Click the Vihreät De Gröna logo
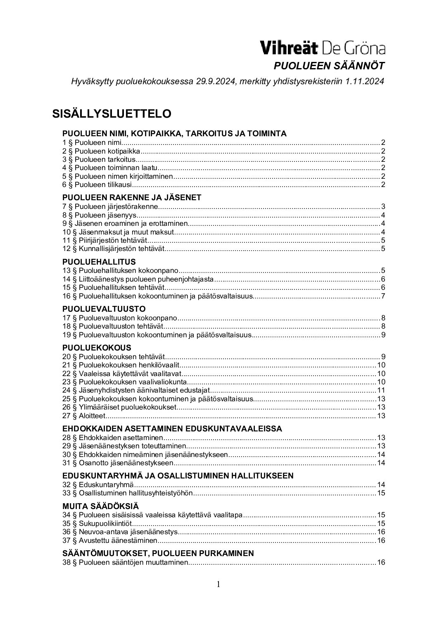point(322,48)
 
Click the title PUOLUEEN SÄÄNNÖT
point(330,66)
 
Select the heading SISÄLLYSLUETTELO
point(112,114)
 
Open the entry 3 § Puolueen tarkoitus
point(99,159)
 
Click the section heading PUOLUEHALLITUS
point(99,262)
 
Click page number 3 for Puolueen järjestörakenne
point(383,207)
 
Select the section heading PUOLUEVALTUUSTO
point(104,309)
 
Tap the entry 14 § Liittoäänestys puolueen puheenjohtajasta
point(138,279)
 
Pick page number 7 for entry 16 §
point(383,296)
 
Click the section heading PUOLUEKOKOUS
point(97,348)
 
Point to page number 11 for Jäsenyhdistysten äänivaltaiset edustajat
point(381,390)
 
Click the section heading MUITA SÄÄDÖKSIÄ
point(100,506)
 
